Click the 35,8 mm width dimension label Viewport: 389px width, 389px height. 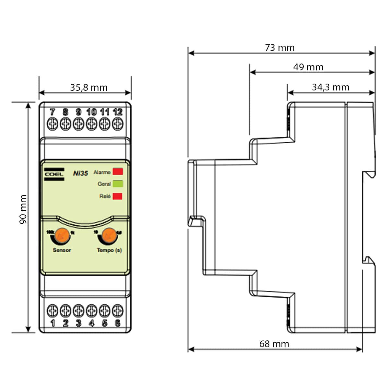coord(88,88)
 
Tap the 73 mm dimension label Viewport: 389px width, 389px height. coord(280,48)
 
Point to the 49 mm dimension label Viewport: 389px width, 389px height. coord(308,67)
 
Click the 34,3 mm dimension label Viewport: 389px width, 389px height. coord(331,87)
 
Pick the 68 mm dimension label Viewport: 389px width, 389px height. coord(274,344)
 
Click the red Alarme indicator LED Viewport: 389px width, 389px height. coord(117,172)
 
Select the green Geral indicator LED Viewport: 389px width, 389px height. coord(117,184)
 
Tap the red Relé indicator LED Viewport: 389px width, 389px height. coord(117,196)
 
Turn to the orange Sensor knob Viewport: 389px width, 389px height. coord(62,235)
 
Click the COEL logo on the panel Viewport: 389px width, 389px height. coord(54,174)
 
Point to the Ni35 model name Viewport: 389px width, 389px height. coord(80,173)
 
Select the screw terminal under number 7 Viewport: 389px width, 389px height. coord(53,124)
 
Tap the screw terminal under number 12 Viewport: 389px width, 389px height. coord(118,124)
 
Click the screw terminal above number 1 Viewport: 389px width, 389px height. coord(53,311)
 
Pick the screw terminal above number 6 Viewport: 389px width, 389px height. coord(118,311)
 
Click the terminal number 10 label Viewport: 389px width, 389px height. coord(91,112)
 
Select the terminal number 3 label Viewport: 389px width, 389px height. coord(78,323)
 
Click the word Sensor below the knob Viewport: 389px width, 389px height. coord(62,250)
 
